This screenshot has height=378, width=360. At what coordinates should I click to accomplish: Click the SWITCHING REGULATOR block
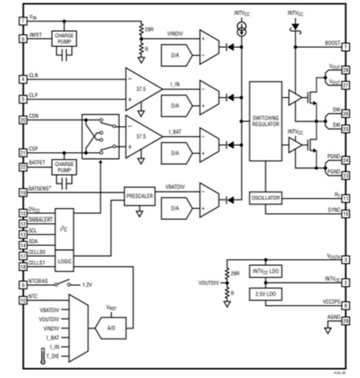tap(265, 121)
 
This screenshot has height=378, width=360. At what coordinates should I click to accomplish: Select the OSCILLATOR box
tap(265, 197)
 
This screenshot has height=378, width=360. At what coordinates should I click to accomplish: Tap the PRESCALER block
tap(139, 195)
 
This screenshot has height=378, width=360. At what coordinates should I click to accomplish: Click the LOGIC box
tap(64, 261)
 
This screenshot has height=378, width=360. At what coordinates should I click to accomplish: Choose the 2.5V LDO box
tap(265, 294)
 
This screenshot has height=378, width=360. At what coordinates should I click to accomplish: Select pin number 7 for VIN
tap(23, 20)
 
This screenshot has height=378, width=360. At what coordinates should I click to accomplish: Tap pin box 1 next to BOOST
tap(346, 47)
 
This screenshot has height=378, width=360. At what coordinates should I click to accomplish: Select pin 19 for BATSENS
tap(23, 192)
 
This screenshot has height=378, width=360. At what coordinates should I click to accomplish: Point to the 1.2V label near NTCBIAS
tap(87, 285)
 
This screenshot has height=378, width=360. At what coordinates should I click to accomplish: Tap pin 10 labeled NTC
tap(23, 299)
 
